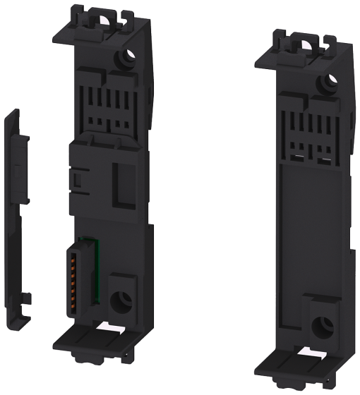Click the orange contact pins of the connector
pyautogui.click(x=74, y=272)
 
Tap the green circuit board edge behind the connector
pyautogui.click(x=91, y=262)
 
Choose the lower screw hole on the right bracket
pyautogui.click(x=323, y=327)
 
